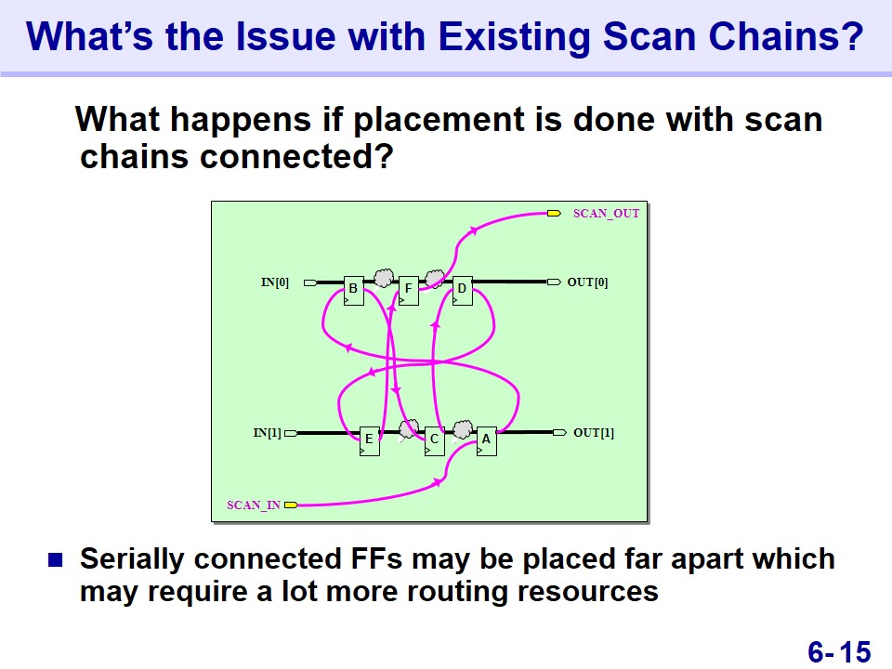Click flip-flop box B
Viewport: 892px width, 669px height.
coord(354,291)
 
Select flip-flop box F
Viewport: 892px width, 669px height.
coord(409,291)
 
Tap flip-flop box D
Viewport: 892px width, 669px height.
coord(462,291)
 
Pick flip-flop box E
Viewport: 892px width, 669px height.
coord(370,440)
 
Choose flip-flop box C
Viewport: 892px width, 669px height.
coord(435,440)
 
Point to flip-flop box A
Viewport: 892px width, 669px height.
coord(486,440)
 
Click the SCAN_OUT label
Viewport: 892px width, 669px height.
coord(606,214)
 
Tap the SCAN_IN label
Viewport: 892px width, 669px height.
coord(253,505)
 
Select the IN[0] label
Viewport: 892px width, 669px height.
coord(275,282)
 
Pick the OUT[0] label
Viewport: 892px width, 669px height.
coord(587,282)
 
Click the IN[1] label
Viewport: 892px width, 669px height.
coord(267,433)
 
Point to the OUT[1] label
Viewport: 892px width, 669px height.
coord(594,433)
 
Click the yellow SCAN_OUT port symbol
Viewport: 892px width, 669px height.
coord(554,214)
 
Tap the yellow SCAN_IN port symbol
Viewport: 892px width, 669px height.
coord(291,505)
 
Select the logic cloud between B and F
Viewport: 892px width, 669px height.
coord(384,278)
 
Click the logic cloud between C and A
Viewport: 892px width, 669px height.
coord(463,429)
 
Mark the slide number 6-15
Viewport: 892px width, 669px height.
coord(839,651)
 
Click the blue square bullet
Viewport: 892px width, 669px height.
coord(55,560)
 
